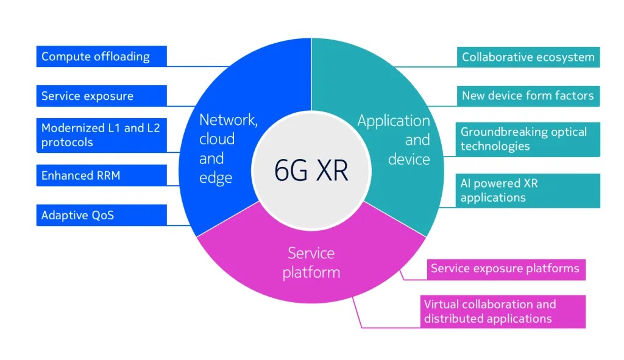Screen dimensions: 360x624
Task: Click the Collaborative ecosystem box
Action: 528,57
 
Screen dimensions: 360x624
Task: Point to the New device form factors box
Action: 528,96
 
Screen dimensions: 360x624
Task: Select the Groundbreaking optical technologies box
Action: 528,139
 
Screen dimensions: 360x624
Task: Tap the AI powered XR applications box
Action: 528,190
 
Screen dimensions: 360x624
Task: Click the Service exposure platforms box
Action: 505,269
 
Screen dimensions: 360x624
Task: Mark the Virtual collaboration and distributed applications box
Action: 503,311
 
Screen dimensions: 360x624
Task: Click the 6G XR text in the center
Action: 311,171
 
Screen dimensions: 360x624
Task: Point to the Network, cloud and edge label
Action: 227,149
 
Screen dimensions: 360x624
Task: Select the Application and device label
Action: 394,140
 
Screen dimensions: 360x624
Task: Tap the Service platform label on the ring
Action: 311,263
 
